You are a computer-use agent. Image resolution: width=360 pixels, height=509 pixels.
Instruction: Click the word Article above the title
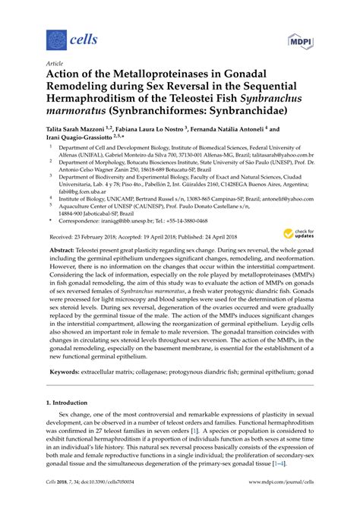[55, 64]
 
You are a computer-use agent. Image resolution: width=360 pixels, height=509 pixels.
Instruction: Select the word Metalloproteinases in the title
[163, 76]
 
